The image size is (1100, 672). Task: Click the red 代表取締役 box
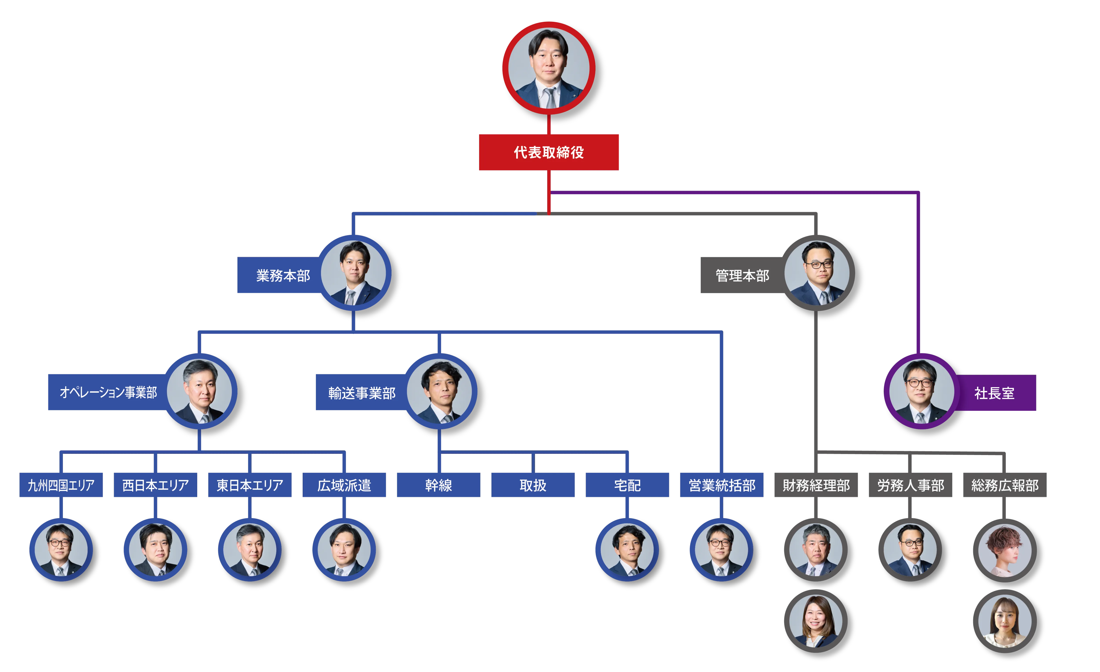coord(549,152)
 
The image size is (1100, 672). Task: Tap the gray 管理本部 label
coord(742,275)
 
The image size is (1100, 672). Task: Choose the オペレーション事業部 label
coord(108,392)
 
